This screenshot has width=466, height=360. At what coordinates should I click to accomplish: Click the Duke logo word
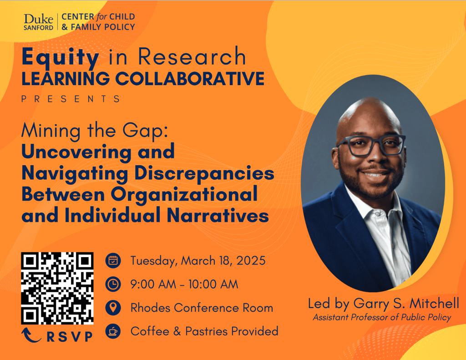[38, 19]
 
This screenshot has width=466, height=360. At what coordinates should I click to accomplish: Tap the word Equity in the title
[61, 57]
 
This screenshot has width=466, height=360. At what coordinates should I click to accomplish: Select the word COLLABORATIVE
[190, 79]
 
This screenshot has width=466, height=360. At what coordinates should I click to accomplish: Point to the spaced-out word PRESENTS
[71, 99]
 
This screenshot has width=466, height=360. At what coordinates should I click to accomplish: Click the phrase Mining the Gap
[95, 131]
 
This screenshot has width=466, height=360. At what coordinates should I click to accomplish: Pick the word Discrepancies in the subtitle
[204, 173]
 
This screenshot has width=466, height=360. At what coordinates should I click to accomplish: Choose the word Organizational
[184, 194]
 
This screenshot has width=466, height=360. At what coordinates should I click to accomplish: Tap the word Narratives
[218, 215]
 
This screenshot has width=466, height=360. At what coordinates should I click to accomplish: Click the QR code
[57, 289]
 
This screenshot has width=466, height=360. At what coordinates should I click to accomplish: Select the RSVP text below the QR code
[70, 336]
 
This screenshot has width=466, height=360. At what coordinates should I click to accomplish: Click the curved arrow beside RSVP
[31, 335]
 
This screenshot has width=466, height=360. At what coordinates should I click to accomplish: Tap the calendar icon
[113, 261]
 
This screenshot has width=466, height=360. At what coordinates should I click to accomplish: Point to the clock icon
[113, 284]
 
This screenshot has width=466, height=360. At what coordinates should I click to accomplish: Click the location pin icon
[113, 307]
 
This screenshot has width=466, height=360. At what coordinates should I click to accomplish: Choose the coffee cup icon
[113, 331]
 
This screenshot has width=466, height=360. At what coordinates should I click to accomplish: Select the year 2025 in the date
[251, 261]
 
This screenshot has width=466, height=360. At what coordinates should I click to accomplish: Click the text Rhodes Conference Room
[202, 308]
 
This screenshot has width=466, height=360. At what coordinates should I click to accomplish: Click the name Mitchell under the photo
[434, 304]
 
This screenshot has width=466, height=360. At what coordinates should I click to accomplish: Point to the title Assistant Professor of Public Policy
[382, 318]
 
